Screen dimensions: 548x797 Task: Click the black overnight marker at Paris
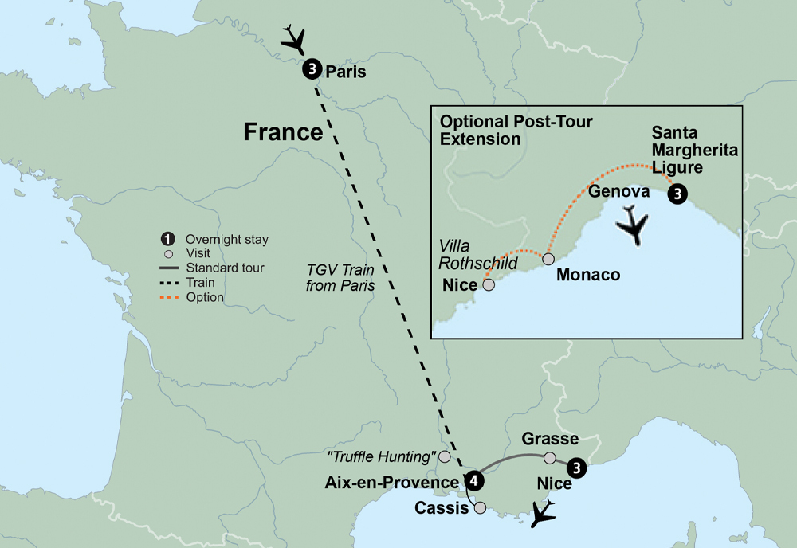click(x=312, y=70)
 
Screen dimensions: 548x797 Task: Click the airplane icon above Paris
click(x=294, y=38)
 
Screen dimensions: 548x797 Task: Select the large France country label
click(x=283, y=131)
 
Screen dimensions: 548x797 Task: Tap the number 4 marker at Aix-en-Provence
click(x=474, y=480)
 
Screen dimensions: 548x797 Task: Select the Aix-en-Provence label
click(x=391, y=483)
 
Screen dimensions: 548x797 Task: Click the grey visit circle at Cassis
click(x=480, y=507)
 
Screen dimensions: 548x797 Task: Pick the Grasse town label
click(x=549, y=439)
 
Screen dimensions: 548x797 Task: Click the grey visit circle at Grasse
click(x=549, y=458)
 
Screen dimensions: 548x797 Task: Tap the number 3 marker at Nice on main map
click(x=577, y=468)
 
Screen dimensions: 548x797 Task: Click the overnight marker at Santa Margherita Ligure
click(x=677, y=194)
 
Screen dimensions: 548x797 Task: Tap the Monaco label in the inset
click(x=588, y=274)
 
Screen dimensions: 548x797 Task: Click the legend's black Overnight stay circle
click(x=167, y=239)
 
